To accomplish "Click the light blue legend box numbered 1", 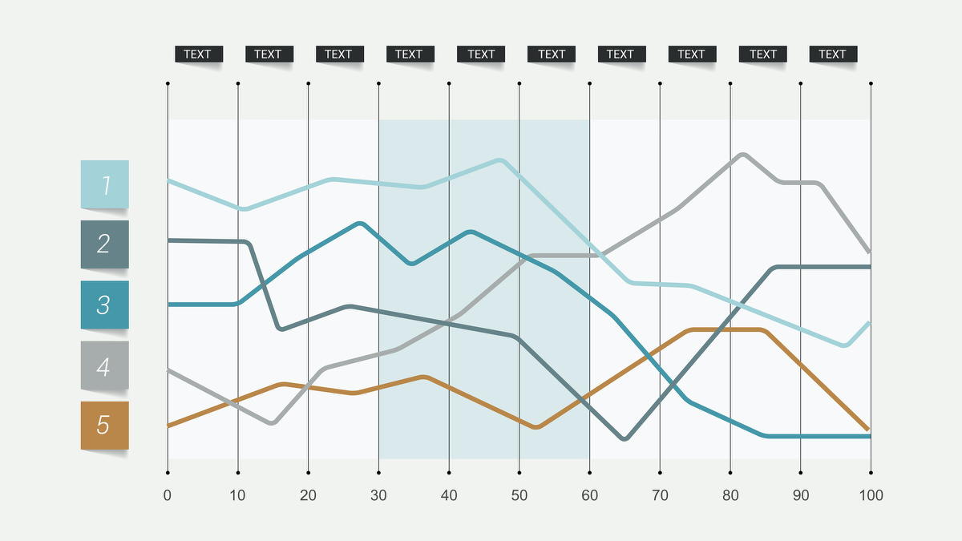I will tap(104, 184).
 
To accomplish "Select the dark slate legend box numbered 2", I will tap(104, 244).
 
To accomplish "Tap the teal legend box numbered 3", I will tap(104, 305).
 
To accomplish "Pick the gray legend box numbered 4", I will tap(104, 366).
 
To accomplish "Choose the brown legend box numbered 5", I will tap(104, 425).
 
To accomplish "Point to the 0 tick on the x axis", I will tap(167, 495).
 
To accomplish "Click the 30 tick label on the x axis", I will tap(378, 495).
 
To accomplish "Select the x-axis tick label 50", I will tap(519, 495).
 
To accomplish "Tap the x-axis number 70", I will tap(660, 495).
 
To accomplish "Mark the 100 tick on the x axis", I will tap(871, 495).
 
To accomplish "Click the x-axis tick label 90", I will tap(801, 495).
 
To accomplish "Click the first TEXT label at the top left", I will tap(197, 55).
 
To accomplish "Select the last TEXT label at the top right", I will tap(832, 55).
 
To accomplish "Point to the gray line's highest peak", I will tap(743, 154).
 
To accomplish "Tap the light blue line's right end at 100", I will tap(870, 323).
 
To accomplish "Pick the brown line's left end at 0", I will tap(168, 426).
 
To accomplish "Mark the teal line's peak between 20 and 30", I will tap(360, 223).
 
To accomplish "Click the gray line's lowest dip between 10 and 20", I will tap(272, 422).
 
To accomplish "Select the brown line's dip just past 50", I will tap(536, 427).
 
